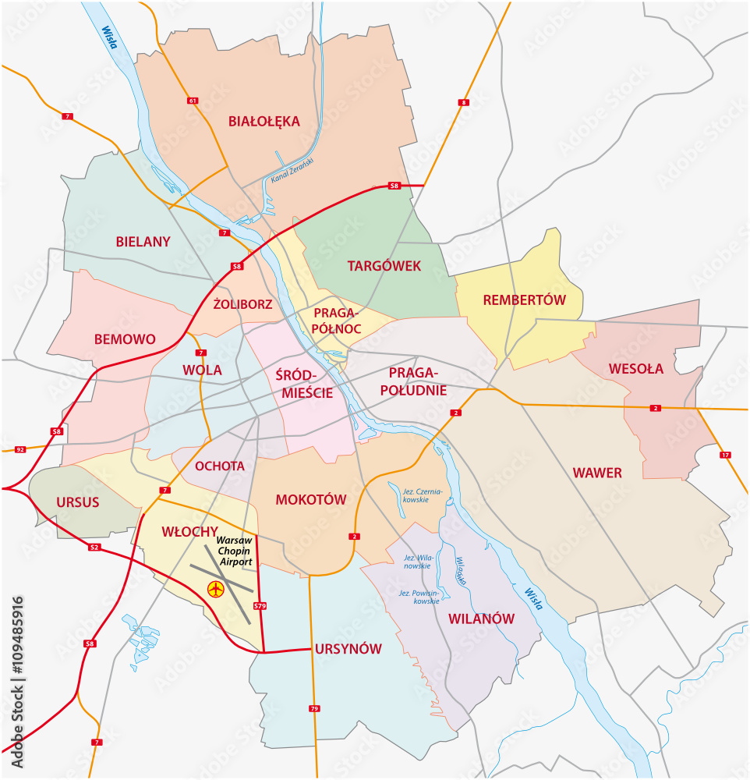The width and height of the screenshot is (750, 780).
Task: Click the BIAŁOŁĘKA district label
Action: coord(264,121)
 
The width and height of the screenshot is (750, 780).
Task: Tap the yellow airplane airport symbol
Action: coord(214,589)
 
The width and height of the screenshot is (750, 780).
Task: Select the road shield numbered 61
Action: coord(193,101)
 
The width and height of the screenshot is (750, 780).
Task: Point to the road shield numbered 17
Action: coord(726,455)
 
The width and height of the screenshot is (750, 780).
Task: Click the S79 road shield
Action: coord(260,605)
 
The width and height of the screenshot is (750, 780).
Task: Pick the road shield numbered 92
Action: coord(20,449)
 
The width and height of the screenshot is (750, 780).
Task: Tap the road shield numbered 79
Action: coord(314,708)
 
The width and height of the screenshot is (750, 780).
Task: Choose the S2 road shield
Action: coord(94,548)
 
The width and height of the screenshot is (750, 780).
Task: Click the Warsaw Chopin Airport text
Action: coord(235,551)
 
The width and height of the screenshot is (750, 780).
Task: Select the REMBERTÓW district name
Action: coord(524,300)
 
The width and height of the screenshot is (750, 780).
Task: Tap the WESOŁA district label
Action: coord(636,369)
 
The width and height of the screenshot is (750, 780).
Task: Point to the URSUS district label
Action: coord(78,502)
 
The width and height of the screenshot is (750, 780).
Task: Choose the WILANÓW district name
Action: coord(481,619)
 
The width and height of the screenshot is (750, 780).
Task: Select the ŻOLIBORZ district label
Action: coord(242,304)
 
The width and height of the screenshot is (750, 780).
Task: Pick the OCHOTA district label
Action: coord(220,466)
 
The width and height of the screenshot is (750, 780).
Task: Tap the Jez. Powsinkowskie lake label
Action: coord(419,597)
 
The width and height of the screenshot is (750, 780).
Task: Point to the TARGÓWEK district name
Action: coord(384,266)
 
